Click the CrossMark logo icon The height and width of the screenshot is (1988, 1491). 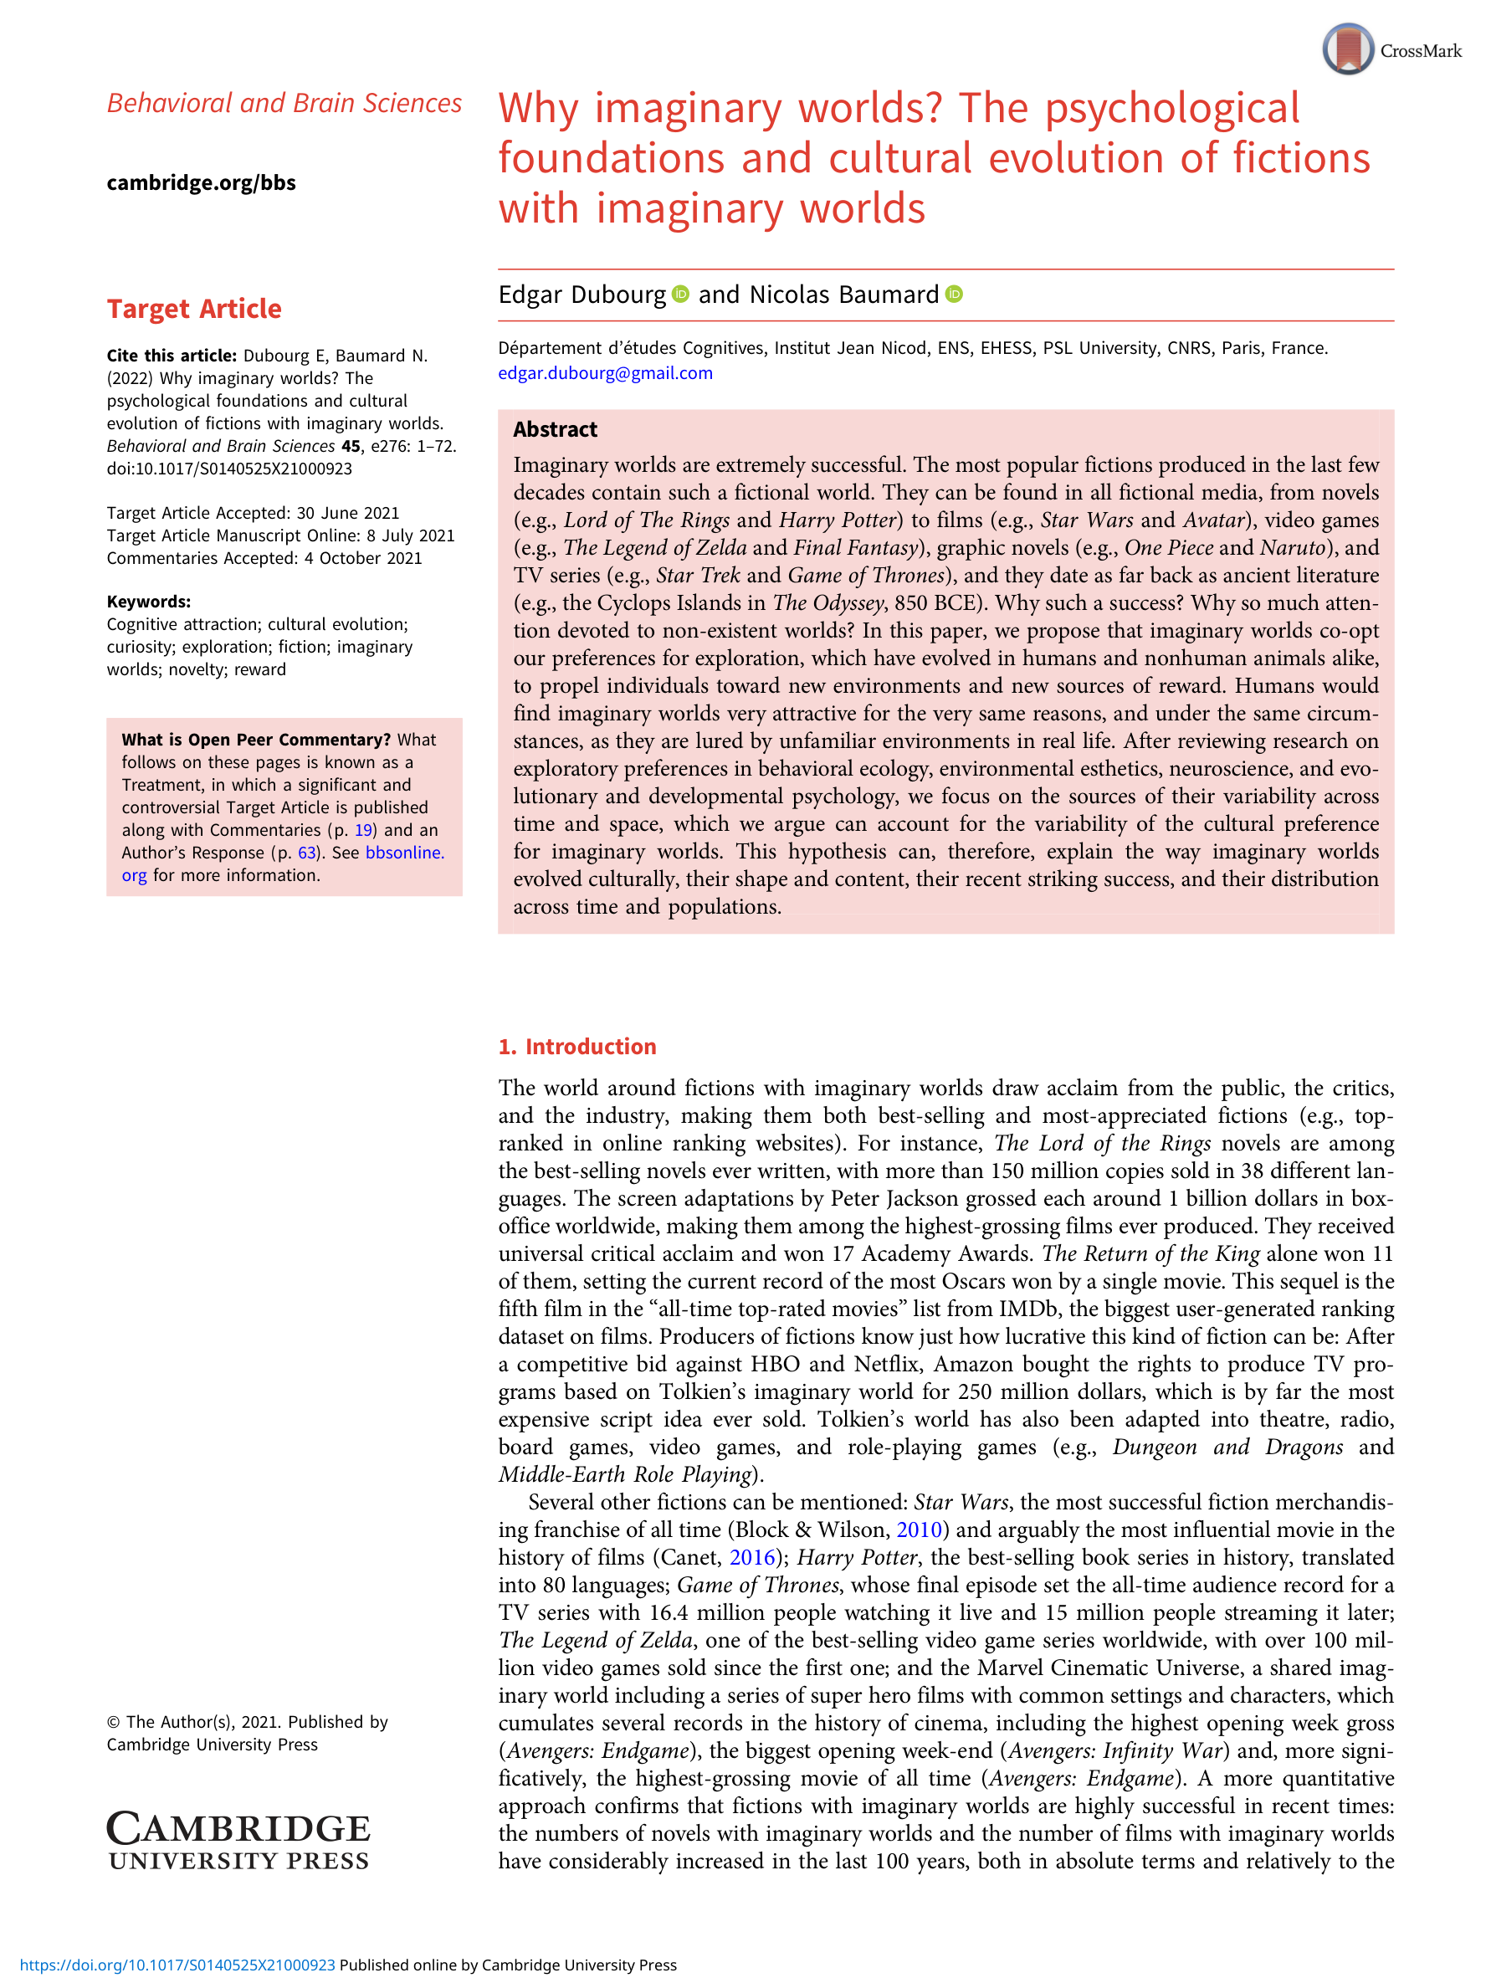pyautogui.click(x=1347, y=49)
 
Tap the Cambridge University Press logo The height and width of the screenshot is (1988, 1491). pyautogui.click(x=238, y=1841)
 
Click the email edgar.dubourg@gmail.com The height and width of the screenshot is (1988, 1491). pyautogui.click(x=605, y=373)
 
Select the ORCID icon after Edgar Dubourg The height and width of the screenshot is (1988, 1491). pyautogui.click(x=681, y=294)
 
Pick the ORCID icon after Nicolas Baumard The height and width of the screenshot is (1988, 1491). pyautogui.click(x=954, y=294)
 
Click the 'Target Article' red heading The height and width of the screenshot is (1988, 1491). pyautogui.click(x=194, y=308)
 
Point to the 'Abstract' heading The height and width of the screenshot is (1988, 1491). pyautogui.click(x=555, y=429)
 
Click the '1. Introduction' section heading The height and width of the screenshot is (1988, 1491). pyautogui.click(x=577, y=1046)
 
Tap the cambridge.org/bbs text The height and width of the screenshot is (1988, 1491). pyautogui.click(x=202, y=182)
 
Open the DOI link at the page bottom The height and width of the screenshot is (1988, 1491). pyautogui.click(x=177, y=1965)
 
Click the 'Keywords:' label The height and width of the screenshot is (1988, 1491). pyautogui.click(x=148, y=602)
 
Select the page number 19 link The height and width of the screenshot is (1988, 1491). pyautogui.click(x=363, y=829)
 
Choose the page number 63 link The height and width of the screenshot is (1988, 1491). pyautogui.click(x=307, y=852)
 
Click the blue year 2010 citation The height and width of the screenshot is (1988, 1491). pyautogui.click(x=919, y=1529)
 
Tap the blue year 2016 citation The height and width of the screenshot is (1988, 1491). pyautogui.click(x=752, y=1557)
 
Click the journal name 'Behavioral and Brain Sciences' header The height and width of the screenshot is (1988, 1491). pyautogui.click(x=284, y=104)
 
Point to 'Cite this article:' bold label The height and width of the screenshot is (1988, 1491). pyautogui.click(x=172, y=356)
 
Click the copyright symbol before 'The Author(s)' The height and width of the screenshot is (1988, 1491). pyautogui.click(x=113, y=1722)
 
